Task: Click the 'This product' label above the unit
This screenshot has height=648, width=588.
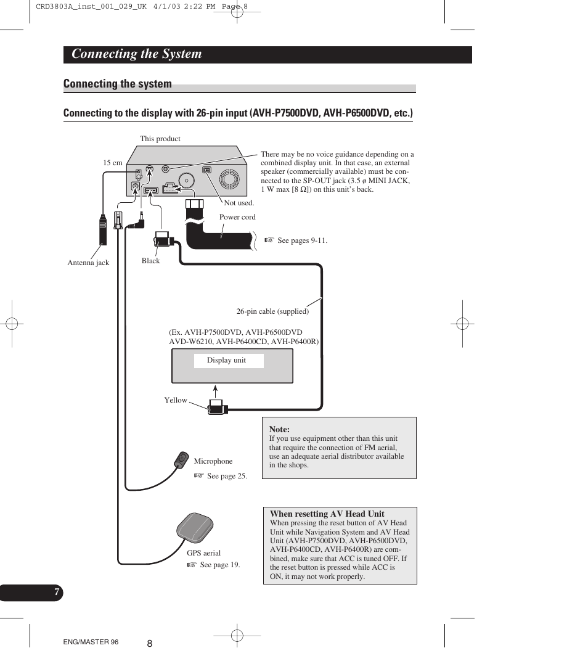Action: click(x=160, y=139)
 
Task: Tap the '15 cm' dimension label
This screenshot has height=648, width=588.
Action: click(x=113, y=163)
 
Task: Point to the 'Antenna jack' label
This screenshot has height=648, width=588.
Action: click(x=88, y=263)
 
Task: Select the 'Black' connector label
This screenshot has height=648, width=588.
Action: click(x=150, y=261)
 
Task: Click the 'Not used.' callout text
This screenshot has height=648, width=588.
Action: click(x=239, y=202)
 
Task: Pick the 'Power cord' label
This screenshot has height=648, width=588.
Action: click(x=237, y=217)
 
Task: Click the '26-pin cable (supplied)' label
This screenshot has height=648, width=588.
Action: click(x=272, y=311)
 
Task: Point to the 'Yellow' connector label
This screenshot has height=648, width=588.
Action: click(x=175, y=400)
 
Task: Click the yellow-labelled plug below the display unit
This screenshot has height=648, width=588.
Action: click(x=218, y=407)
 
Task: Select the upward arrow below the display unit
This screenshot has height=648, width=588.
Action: click(x=215, y=391)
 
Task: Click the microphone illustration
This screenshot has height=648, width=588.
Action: click(x=181, y=459)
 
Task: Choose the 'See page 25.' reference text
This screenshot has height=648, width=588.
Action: click(x=226, y=476)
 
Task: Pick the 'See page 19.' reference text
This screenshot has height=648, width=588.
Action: click(x=219, y=565)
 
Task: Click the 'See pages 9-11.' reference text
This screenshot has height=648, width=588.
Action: click(x=301, y=240)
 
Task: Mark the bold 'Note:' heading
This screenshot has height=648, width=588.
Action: click(x=279, y=429)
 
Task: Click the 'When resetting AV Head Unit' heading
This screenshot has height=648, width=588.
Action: click(x=327, y=514)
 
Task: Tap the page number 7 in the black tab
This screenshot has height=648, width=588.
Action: click(x=56, y=593)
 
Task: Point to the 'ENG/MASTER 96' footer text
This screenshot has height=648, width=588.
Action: click(x=91, y=642)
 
